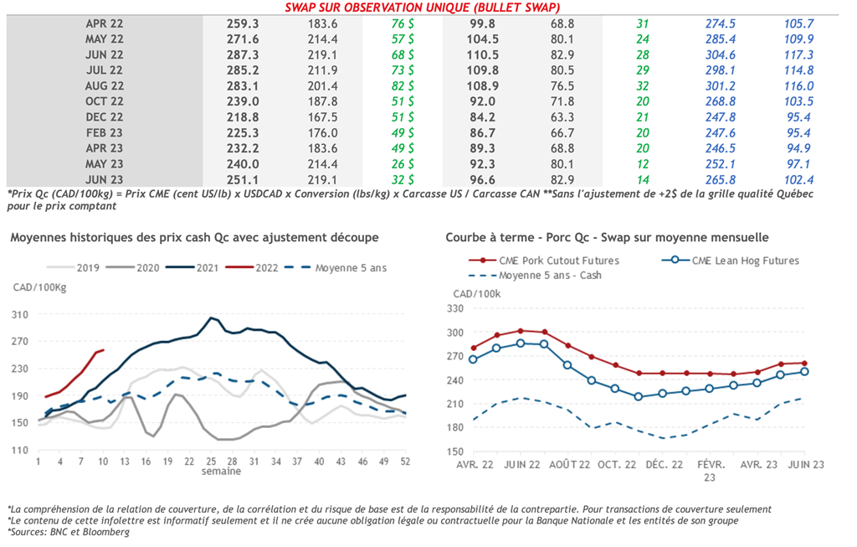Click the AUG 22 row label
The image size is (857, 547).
click(105, 85)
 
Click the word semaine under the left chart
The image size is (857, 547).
click(221, 471)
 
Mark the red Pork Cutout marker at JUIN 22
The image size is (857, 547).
click(521, 331)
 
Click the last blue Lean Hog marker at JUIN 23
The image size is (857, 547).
click(804, 372)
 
